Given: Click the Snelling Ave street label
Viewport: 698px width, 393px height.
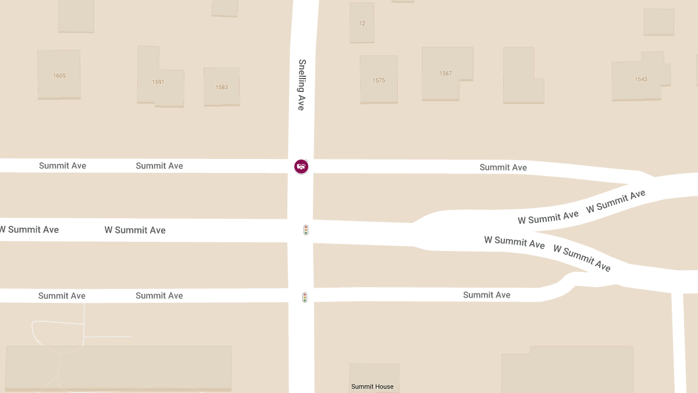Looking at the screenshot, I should point(301,85).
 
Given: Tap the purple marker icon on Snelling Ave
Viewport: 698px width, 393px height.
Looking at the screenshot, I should point(301,167).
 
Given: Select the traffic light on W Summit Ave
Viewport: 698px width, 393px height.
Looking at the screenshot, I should point(305,230).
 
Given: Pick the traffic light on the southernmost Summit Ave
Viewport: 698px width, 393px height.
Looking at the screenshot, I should point(304,298).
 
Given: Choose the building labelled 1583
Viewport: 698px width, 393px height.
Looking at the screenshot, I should point(222,87).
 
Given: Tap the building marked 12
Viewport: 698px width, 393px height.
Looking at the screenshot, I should point(362,23).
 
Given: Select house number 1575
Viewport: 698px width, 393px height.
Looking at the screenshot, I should point(379,80).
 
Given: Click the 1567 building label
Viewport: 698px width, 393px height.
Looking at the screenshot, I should point(446,73).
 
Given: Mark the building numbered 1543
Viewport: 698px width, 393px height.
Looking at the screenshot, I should point(641,79).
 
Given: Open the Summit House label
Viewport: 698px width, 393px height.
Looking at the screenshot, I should point(372,387).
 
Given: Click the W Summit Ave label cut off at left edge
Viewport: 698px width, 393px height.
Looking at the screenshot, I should point(29,229).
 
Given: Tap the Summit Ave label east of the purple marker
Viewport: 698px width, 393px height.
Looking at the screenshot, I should point(503,167).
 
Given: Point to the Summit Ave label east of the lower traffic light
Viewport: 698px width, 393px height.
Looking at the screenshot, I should point(487,295).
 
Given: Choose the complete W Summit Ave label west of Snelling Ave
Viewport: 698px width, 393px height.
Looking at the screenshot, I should point(135,230).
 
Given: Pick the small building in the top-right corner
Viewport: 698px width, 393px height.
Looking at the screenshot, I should point(658,22).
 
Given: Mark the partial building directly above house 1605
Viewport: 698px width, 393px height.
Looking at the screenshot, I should point(76,15).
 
